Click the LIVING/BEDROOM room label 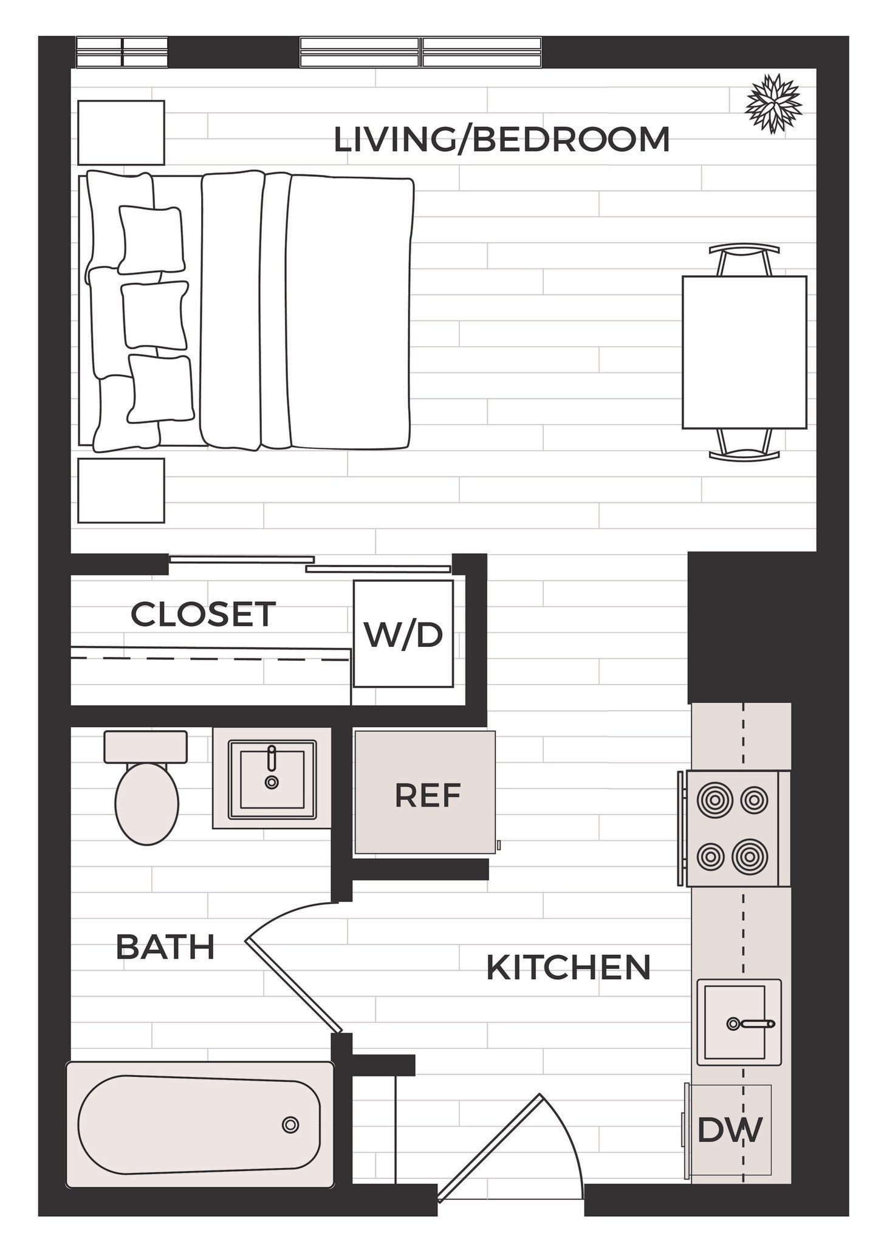pos(502,139)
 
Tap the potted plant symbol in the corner pos(773,104)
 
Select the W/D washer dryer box pos(403,634)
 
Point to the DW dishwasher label pos(729,1130)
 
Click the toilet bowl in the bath pos(147,802)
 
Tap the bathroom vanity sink pos(272,779)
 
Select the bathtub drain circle pos(290,1125)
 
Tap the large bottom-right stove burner pos(750,856)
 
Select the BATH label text pos(165,947)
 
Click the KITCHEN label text pos(569,968)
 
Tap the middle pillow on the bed pos(155,315)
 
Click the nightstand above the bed pos(121,132)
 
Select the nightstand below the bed pos(121,490)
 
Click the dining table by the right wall pos(744,352)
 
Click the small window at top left pos(122,52)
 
